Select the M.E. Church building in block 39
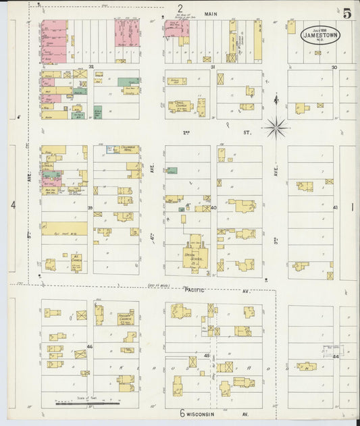(x=76, y=259)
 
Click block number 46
(x=89, y=346)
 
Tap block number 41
(x=335, y=208)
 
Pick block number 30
(x=334, y=68)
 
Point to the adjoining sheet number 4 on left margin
(x=13, y=204)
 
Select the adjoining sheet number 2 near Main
(x=180, y=8)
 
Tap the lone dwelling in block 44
(x=307, y=367)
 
